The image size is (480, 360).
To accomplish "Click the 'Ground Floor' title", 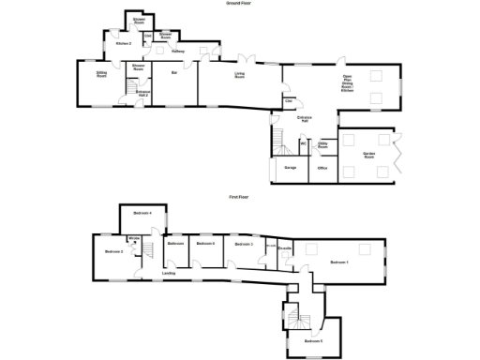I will pyautogui.click(x=239, y=4).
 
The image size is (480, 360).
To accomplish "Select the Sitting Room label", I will pyautogui.click(x=100, y=75).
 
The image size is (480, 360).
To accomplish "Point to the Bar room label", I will pyautogui.click(x=174, y=72).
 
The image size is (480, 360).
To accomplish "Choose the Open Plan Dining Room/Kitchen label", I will pyautogui.click(x=347, y=82).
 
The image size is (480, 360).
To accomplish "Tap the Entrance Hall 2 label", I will pyautogui.click(x=142, y=92).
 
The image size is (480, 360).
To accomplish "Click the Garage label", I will pyautogui.click(x=291, y=169).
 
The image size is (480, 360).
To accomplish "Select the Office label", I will pyautogui.click(x=322, y=169).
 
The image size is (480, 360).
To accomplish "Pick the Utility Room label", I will pyautogui.click(x=322, y=145).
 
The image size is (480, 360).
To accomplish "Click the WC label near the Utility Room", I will pyautogui.click(x=303, y=143).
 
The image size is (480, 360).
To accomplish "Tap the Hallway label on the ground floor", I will pyautogui.click(x=177, y=51).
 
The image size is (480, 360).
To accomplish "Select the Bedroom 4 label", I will pyautogui.click(x=142, y=215).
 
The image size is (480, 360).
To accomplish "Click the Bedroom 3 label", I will pyautogui.click(x=114, y=252).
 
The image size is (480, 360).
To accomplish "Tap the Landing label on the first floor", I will pyautogui.click(x=169, y=274).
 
